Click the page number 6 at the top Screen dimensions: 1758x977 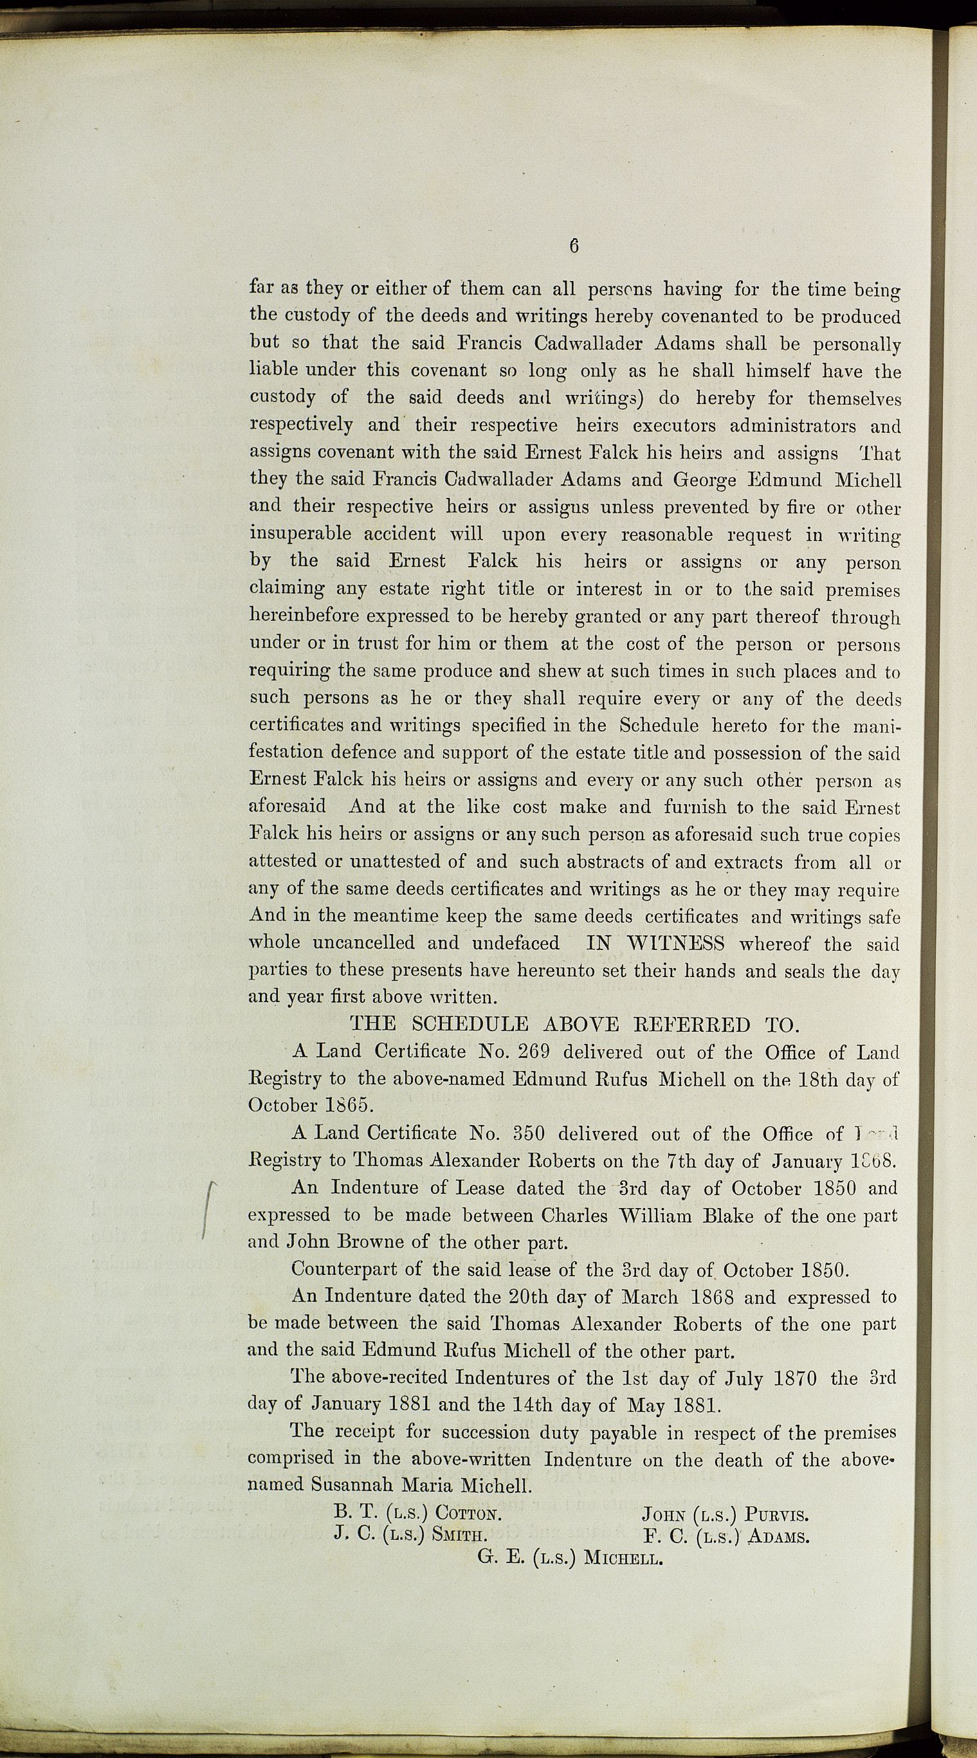573,246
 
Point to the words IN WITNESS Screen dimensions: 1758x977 655,944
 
